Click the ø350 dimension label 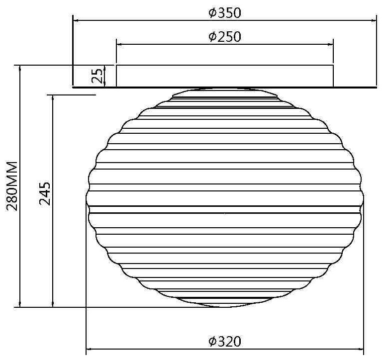point(224,13)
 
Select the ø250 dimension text point(224,37)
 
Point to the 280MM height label point(12,186)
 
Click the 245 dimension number point(45,193)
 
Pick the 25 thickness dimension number point(97,76)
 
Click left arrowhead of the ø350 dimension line point(76,21)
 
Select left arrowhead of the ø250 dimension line point(119,45)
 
